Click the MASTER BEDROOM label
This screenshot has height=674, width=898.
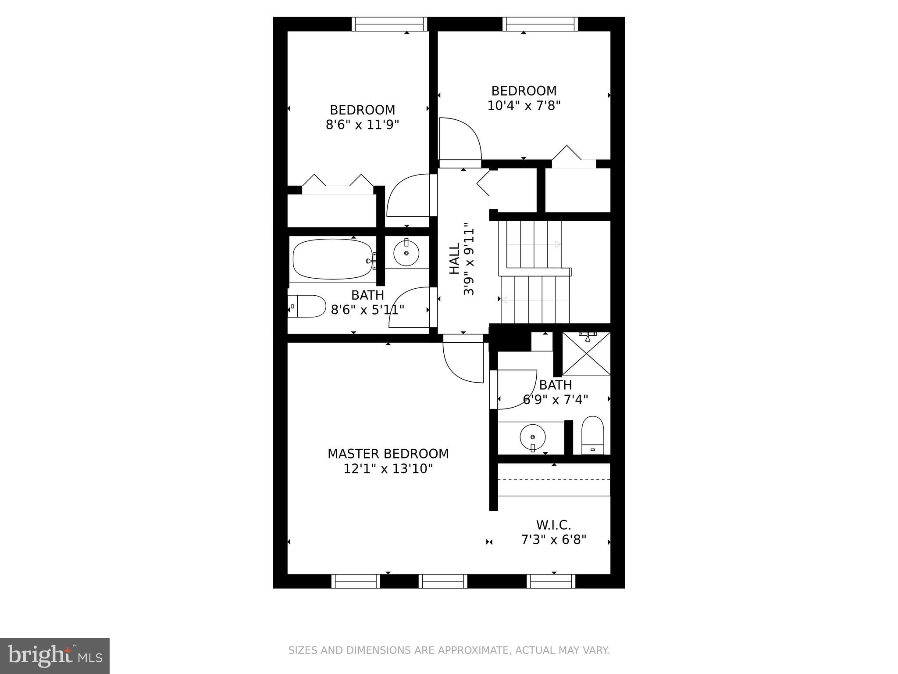click(388, 453)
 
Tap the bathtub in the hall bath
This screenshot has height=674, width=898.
click(332, 259)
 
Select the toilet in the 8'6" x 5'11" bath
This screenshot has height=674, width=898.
click(308, 306)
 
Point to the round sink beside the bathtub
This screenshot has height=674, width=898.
click(406, 253)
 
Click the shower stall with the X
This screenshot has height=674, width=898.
click(586, 354)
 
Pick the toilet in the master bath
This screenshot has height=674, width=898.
click(592, 435)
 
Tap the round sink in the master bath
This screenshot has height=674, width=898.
click(532, 437)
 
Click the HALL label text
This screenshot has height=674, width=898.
click(454, 259)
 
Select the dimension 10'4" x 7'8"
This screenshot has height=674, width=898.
click(524, 106)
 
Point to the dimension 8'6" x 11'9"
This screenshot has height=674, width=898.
click(362, 125)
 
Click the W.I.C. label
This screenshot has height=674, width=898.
click(553, 525)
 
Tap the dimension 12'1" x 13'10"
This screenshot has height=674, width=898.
click(388, 469)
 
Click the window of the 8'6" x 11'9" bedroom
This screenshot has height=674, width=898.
click(389, 24)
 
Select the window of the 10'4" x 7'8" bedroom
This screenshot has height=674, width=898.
click(540, 24)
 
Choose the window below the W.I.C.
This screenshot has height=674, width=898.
click(551, 581)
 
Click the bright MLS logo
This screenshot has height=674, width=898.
click(55, 656)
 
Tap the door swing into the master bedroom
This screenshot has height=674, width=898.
click(463, 360)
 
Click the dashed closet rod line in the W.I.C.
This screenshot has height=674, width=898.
click(554, 480)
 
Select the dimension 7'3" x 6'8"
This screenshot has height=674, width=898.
click(553, 539)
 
